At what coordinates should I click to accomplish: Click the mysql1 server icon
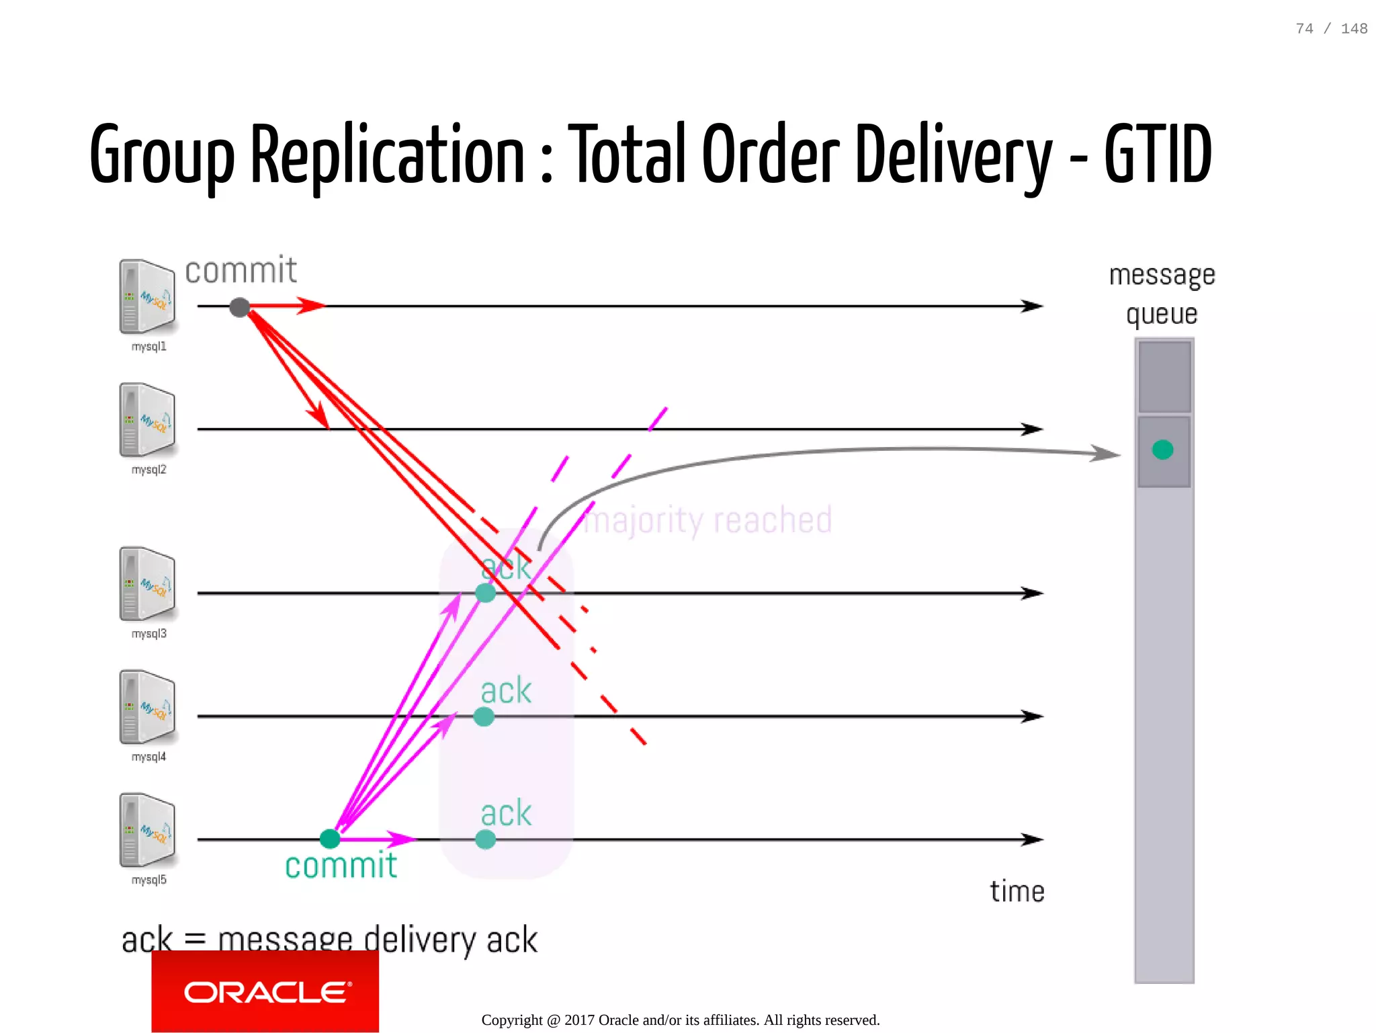click(x=147, y=296)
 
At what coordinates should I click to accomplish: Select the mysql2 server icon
click(x=147, y=420)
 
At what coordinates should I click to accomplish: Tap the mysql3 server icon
click(x=147, y=583)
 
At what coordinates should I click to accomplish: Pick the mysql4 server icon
click(x=147, y=706)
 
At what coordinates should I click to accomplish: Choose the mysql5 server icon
click(x=147, y=830)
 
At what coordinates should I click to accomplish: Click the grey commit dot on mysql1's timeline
click(x=239, y=307)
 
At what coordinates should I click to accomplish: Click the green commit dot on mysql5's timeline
click(x=329, y=838)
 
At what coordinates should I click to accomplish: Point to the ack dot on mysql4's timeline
click(x=484, y=716)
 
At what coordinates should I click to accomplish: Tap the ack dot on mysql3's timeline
click(x=485, y=593)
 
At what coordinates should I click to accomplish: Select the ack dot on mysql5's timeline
click(x=485, y=839)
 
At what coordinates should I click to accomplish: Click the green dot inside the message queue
click(x=1162, y=450)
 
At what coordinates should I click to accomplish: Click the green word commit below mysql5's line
click(x=341, y=866)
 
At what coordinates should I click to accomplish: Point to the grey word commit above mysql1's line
click(x=241, y=271)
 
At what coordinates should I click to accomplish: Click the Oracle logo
click(x=265, y=992)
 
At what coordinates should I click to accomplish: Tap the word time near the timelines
click(x=1017, y=892)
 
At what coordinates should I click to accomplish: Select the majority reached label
click(x=707, y=520)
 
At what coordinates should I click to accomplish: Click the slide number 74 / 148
click(x=1331, y=29)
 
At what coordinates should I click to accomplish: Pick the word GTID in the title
click(x=1158, y=155)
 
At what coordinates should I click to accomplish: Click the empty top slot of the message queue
click(x=1164, y=376)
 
